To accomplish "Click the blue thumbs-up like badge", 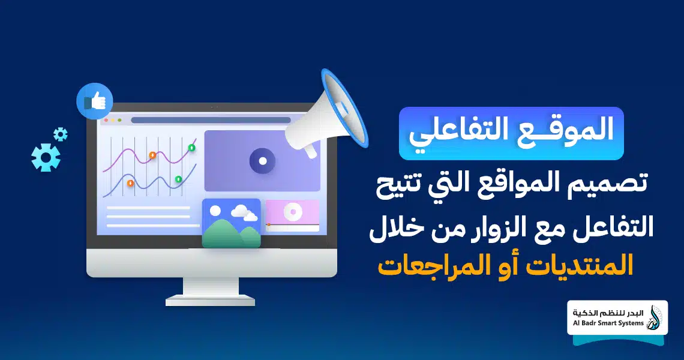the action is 95,101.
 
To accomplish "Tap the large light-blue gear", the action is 46,157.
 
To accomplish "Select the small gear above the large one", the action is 60,134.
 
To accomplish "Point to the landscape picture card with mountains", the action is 232,223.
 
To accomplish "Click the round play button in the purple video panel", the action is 262,161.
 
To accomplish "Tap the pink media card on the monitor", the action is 292,215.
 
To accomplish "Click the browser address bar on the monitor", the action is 211,120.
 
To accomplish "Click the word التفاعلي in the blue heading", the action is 464,132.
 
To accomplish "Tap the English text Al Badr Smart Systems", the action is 608,323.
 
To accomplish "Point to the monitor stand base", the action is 210,300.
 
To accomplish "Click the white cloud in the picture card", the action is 244,212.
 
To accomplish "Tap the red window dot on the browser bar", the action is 106,120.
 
